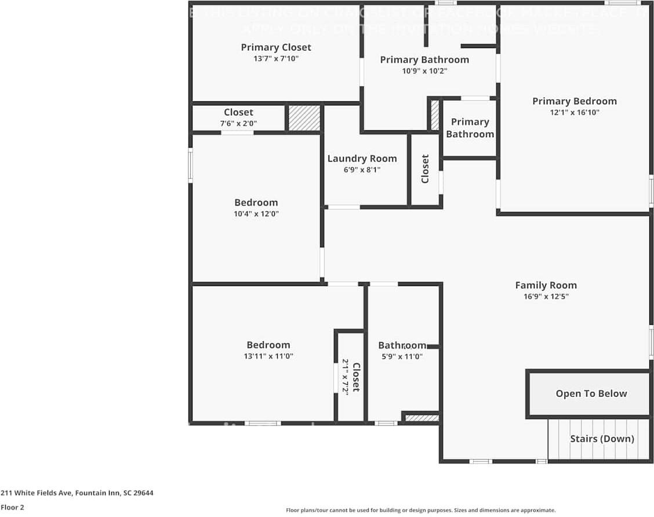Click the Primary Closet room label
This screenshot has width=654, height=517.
point(276,47)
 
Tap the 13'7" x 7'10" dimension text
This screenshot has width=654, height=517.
point(276,58)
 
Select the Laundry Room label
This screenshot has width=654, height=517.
point(362,159)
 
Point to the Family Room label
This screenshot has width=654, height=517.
point(546,285)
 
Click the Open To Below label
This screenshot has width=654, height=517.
point(591,394)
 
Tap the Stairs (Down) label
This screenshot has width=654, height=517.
point(602,439)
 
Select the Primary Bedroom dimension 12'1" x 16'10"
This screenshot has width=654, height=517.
point(574,112)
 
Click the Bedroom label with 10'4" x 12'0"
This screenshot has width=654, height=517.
point(256,203)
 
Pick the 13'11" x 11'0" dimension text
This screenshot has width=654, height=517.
point(268,356)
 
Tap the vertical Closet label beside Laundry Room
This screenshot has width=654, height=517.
point(425,168)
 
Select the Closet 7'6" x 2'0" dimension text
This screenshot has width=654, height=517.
point(238,123)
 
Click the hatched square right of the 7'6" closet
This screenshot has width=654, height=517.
point(304,118)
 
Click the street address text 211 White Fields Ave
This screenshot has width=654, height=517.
point(77,493)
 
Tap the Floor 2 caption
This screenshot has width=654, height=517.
point(12,507)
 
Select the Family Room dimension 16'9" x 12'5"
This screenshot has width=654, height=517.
point(546,296)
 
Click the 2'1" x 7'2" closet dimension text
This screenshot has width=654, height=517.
point(345,376)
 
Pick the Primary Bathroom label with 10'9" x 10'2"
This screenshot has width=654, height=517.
point(424,60)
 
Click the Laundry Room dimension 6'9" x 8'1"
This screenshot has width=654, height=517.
point(362,170)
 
